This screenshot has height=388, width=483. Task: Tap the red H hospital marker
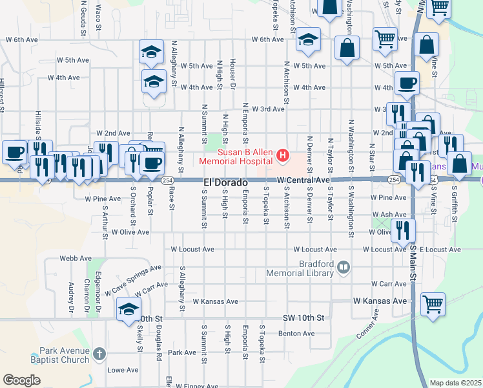(x=282, y=155)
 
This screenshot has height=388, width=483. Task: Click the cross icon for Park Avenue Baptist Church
(x=99, y=354)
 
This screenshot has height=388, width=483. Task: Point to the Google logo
(x=21, y=380)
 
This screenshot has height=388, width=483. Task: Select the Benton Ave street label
(x=296, y=334)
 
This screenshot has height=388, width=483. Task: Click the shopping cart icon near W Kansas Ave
(x=432, y=303)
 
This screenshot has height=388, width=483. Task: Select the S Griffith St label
(x=454, y=203)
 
